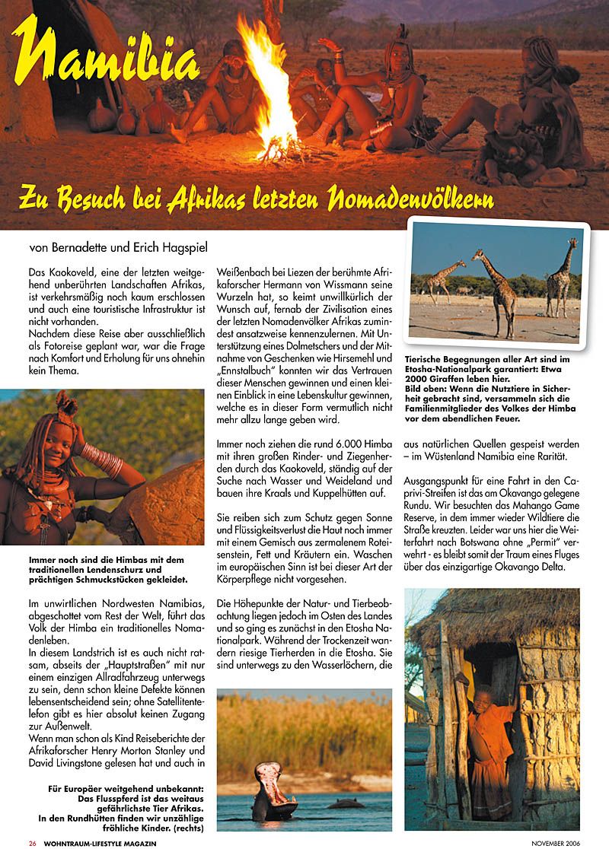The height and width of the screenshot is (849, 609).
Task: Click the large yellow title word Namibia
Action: pos(107,65)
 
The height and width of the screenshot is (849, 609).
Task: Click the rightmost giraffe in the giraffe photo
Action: pos(562,277)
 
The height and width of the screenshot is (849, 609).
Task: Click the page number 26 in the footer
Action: pos(33,843)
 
